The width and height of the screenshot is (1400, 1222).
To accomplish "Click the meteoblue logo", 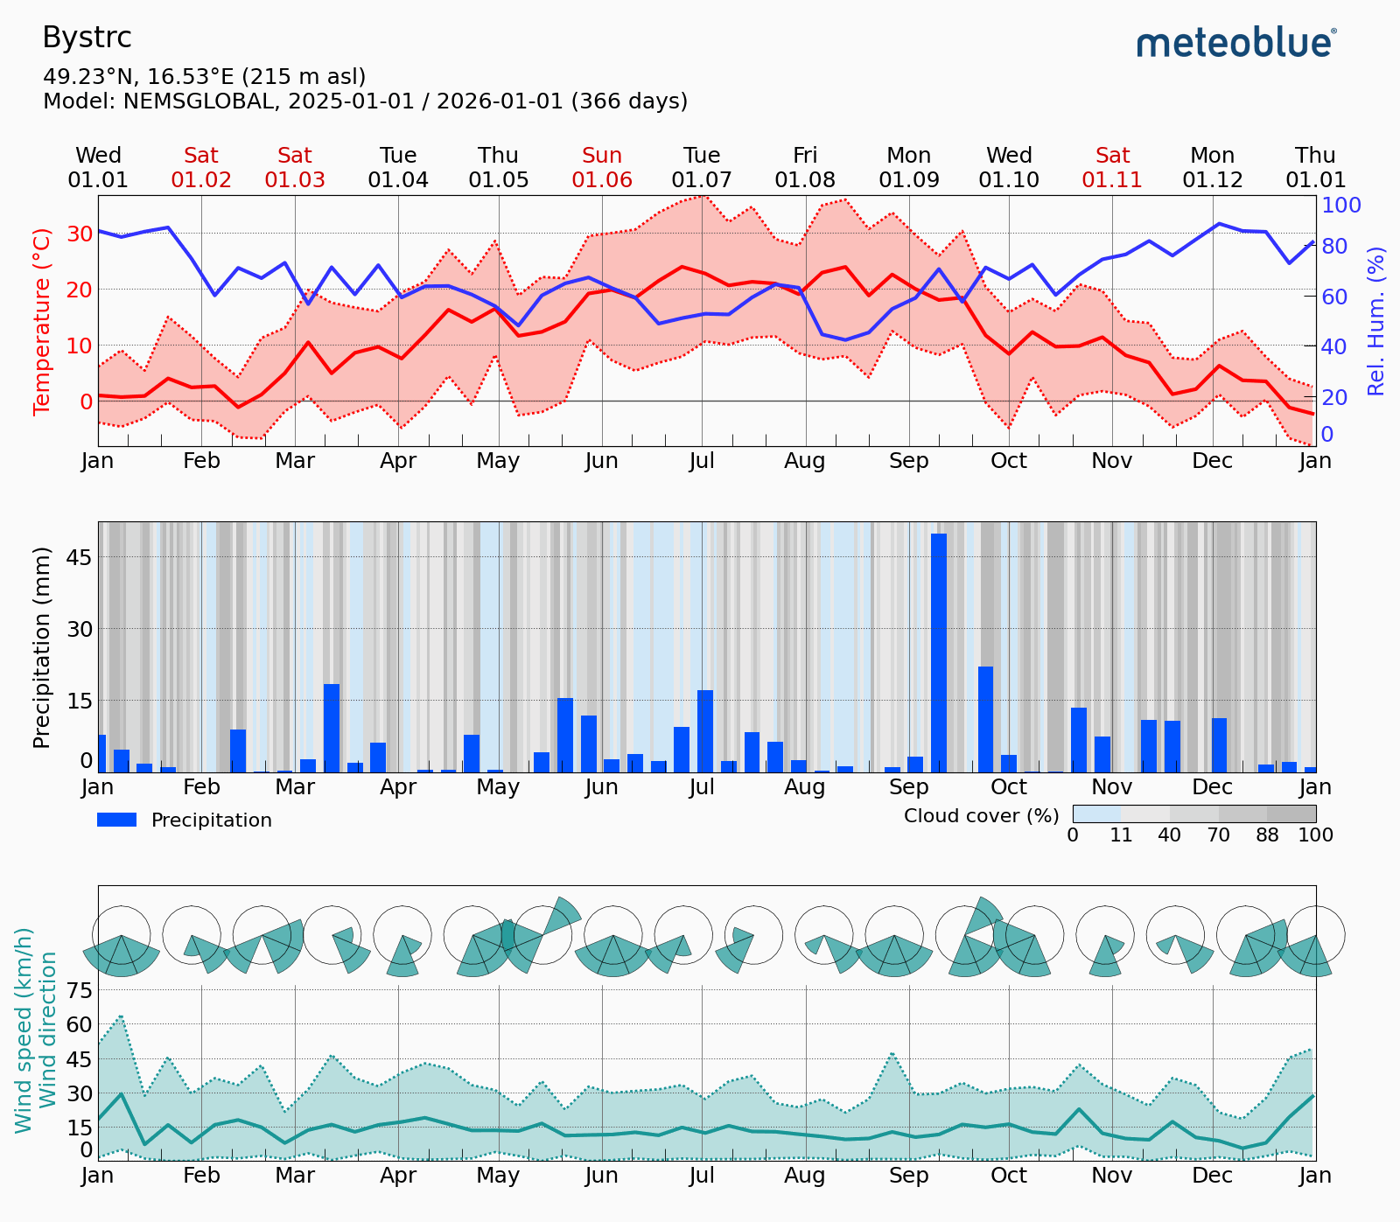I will (1236, 42).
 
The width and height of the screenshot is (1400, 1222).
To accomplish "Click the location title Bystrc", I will (87, 38).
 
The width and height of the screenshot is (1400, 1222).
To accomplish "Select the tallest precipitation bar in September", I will (939, 652).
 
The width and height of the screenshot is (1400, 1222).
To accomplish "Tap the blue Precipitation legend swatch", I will (116, 820).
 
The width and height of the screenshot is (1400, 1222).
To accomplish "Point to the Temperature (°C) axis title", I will (42, 321).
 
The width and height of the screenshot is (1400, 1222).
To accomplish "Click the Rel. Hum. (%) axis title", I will (1376, 321).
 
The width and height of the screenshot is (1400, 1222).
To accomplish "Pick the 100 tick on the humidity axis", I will (1341, 206).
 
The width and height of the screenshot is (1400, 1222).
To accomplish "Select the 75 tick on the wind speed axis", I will (80, 990).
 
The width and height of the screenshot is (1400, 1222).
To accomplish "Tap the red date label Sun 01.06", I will (602, 168).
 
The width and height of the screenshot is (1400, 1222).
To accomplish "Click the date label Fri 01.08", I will (805, 168).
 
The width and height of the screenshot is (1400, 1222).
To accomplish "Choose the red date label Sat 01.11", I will (1112, 168).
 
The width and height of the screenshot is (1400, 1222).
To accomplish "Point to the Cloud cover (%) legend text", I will (981, 816).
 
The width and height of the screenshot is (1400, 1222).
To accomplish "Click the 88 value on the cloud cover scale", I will (1267, 835).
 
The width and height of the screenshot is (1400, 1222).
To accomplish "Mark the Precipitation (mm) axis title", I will (41, 647).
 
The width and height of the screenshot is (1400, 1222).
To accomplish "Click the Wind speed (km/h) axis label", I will (24, 1030).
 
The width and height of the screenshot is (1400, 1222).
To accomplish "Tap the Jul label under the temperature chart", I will (702, 461).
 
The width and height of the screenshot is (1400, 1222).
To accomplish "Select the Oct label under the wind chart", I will (1009, 1176).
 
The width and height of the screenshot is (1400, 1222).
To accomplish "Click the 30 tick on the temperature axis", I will (80, 234).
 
